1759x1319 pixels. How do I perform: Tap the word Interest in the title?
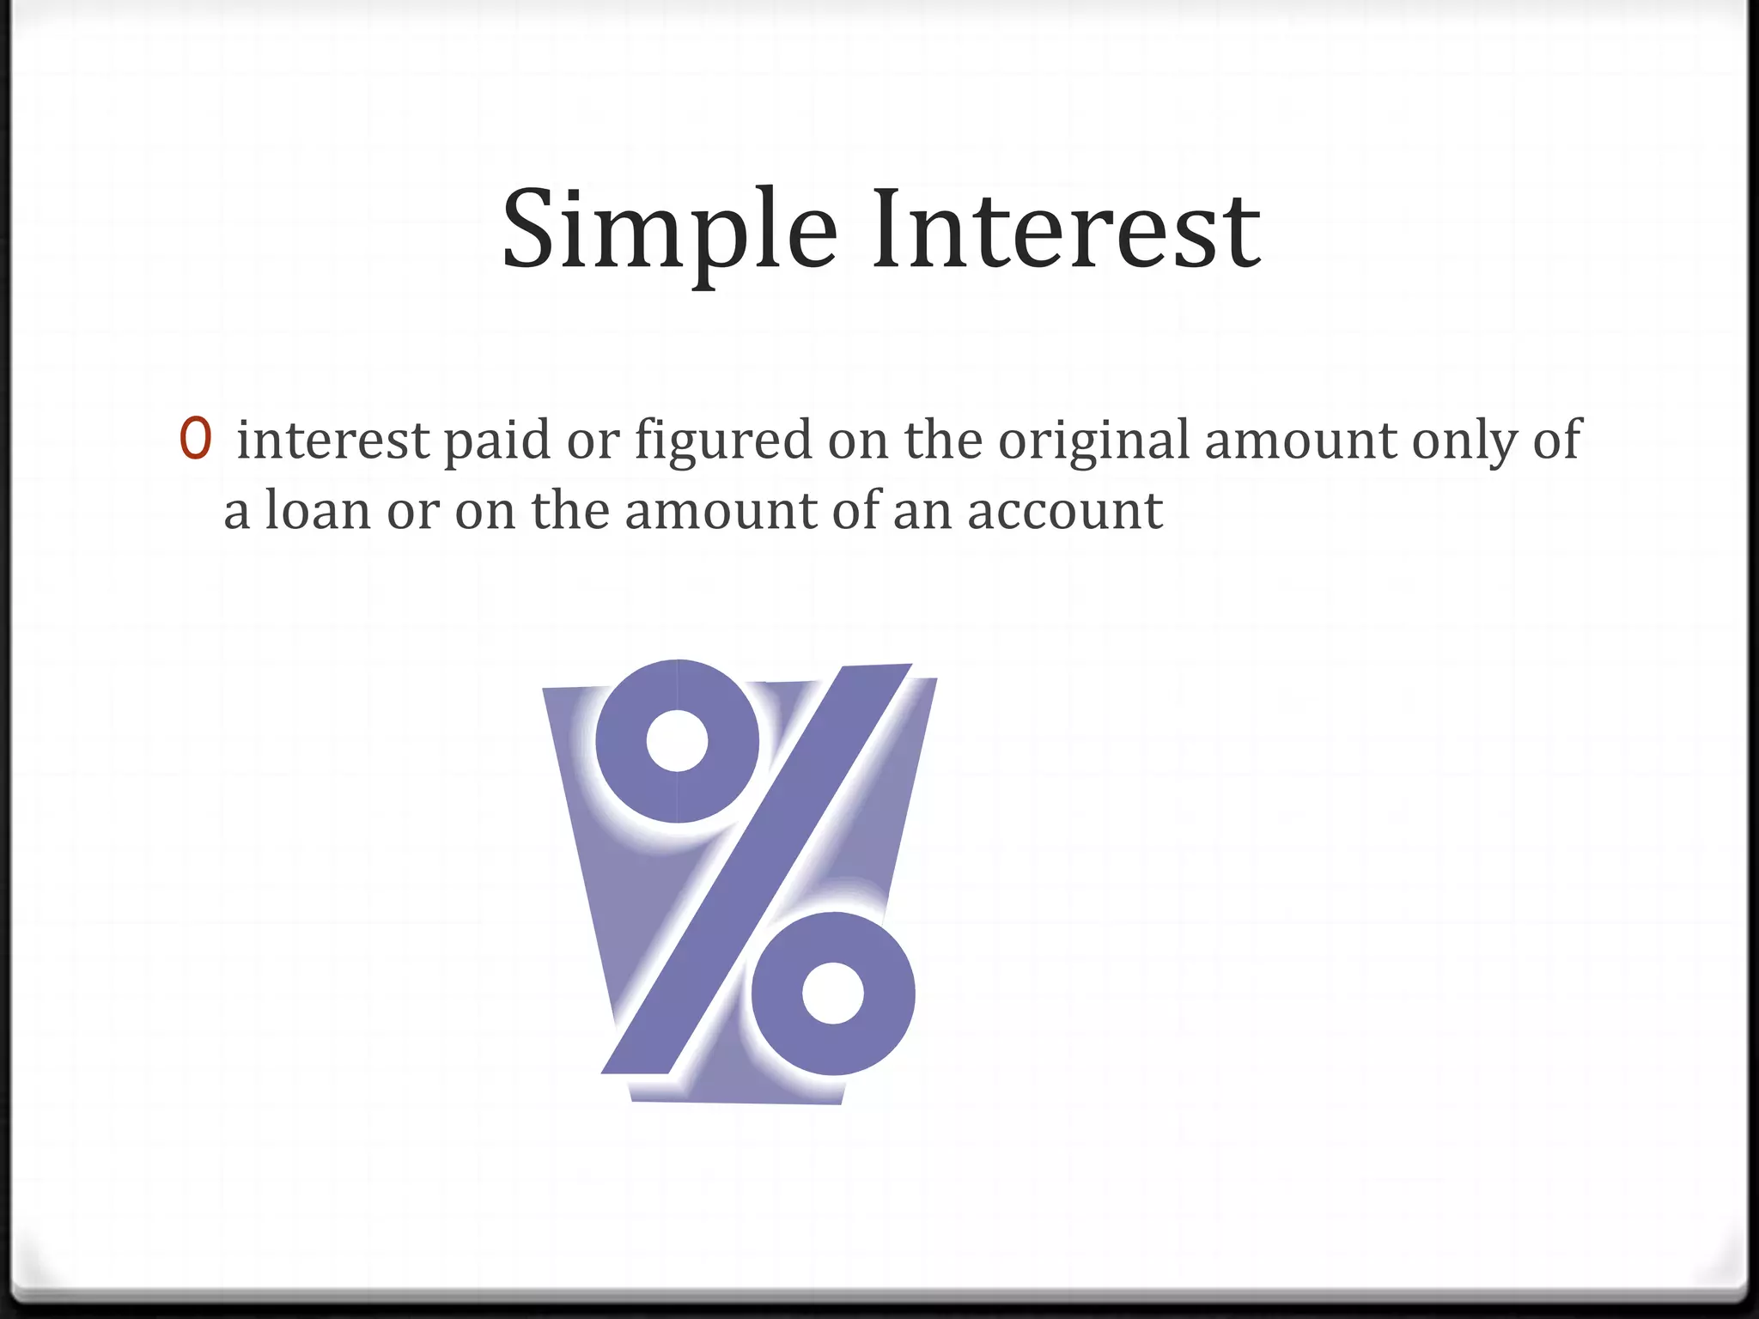tap(1066, 230)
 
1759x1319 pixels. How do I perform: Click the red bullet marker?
tap(195, 438)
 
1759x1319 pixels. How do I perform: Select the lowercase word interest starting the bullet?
tap(332, 440)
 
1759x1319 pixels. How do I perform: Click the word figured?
tap(723, 441)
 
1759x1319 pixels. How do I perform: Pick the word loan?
tap(317, 510)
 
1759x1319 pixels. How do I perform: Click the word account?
tap(1065, 512)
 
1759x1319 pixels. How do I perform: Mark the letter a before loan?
tap(237, 514)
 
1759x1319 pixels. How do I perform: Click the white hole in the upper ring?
tap(677, 740)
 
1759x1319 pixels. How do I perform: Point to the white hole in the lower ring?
tap(832, 994)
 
